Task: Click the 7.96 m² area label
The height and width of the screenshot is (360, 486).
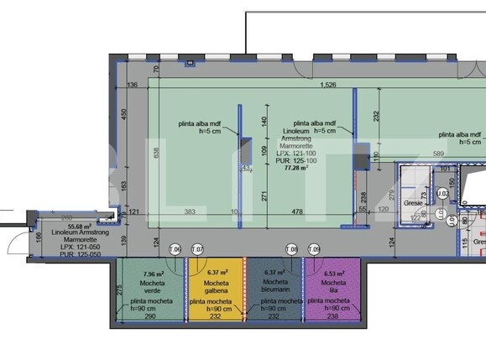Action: point(154,273)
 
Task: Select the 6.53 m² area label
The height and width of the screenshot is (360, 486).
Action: point(333,273)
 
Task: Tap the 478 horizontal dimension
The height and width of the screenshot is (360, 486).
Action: point(296,211)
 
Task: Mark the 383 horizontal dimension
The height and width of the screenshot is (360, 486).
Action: point(190,211)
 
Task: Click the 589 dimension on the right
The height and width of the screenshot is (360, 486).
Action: point(436,154)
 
